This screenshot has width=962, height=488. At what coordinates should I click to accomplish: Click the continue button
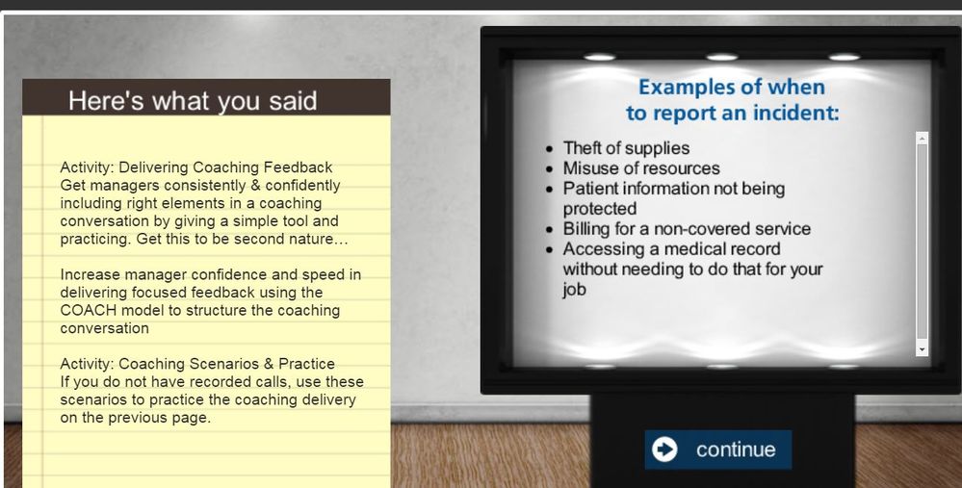click(x=717, y=449)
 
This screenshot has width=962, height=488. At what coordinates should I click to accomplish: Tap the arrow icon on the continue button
click(x=664, y=449)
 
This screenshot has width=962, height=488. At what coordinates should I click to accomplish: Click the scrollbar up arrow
click(x=922, y=140)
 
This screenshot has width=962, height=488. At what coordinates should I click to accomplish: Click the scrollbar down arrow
click(x=922, y=348)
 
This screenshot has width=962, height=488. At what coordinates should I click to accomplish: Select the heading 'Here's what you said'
click(x=193, y=101)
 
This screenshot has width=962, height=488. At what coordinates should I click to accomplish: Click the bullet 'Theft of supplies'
click(x=626, y=148)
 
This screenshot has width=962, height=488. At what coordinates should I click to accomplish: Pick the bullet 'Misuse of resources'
click(x=641, y=168)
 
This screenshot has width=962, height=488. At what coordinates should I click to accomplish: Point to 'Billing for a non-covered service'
click(x=687, y=229)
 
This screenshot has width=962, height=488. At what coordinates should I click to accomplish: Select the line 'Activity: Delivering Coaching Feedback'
click(x=196, y=167)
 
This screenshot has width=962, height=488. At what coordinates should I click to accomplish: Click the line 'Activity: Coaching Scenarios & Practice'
click(x=197, y=364)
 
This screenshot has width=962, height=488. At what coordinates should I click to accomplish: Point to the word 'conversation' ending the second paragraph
click(x=104, y=328)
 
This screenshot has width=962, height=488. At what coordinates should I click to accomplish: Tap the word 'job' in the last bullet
click(x=574, y=290)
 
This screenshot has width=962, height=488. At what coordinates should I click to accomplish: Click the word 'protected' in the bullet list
click(x=599, y=209)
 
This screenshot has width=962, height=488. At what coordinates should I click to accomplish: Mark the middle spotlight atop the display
click(x=722, y=57)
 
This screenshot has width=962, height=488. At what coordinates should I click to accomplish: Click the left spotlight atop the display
click(x=599, y=57)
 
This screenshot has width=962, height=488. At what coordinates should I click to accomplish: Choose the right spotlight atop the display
click(x=845, y=57)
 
